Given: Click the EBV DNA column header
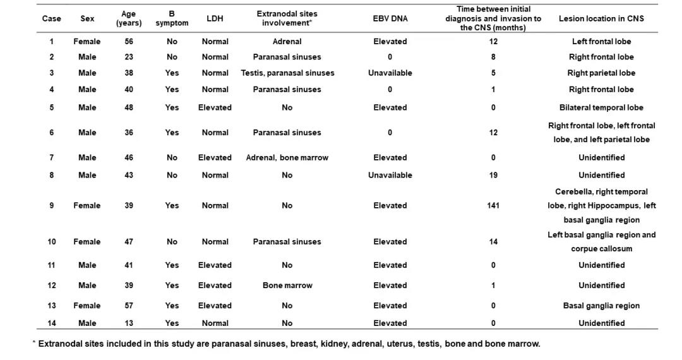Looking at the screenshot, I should coord(390,18).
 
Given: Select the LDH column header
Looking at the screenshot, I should coord(215,18).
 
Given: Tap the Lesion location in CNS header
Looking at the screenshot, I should coord(601,18).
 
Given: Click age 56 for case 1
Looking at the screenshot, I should coord(129,42).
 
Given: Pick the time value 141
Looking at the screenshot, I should coord(493,205).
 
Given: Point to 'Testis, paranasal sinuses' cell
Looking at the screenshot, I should coord(287,73).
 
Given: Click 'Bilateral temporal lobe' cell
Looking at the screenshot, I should coord(601,107).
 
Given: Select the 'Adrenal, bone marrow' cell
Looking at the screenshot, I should coord(287,157).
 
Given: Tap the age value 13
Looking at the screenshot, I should coord(129,323).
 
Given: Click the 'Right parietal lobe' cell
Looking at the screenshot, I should coord(601,73).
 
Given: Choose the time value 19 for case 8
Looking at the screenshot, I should coord(493,175).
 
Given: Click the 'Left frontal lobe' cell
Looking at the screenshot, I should coord(601,42).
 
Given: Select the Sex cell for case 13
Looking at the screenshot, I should coord(87,306).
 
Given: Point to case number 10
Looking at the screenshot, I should coord(52,241).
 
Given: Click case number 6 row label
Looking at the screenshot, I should coord(52,133).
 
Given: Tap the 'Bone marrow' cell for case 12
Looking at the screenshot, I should coord(287,285).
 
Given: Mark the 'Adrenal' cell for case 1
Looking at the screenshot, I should coord(287,42).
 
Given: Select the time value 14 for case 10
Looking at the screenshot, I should coord(493,241).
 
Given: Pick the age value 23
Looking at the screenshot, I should coord(129,57).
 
